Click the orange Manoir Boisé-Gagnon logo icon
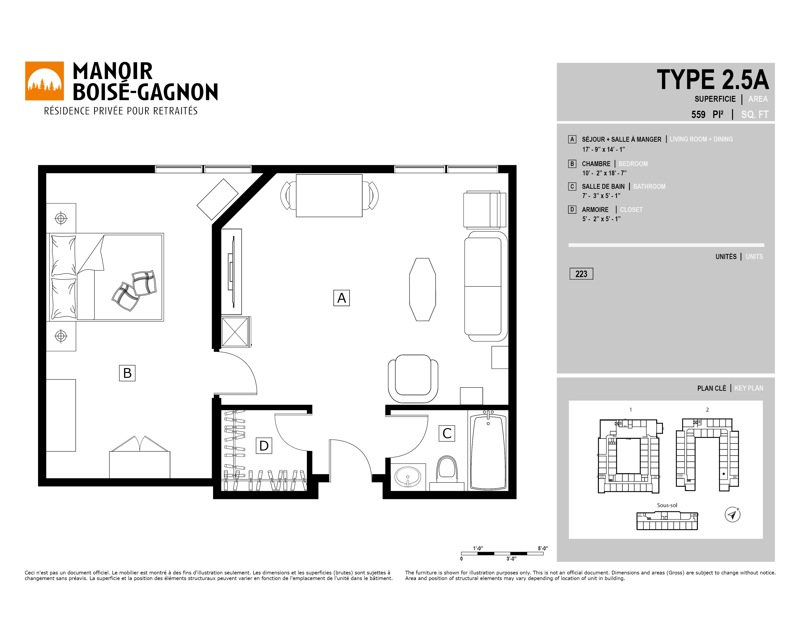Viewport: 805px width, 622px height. [x=44, y=81]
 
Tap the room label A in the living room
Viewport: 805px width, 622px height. [x=341, y=298]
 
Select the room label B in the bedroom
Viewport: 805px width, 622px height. [x=127, y=373]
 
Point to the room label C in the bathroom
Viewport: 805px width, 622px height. [x=447, y=433]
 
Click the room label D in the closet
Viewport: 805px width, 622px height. [x=264, y=445]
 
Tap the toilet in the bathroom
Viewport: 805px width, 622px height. [x=447, y=472]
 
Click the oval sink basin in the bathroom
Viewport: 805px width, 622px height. [x=408, y=477]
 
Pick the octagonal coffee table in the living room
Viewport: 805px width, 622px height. [x=423, y=289]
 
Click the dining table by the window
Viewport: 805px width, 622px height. [x=329, y=196]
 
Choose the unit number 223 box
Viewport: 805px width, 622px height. [x=581, y=274]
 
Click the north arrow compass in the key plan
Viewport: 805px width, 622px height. [x=733, y=514]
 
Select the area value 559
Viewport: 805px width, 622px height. [x=698, y=115]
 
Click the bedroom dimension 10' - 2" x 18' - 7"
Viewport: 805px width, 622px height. [x=604, y=173]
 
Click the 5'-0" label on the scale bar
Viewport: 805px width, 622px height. [x=543, y=548]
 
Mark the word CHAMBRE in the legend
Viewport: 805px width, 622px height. [x=596, y=164]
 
